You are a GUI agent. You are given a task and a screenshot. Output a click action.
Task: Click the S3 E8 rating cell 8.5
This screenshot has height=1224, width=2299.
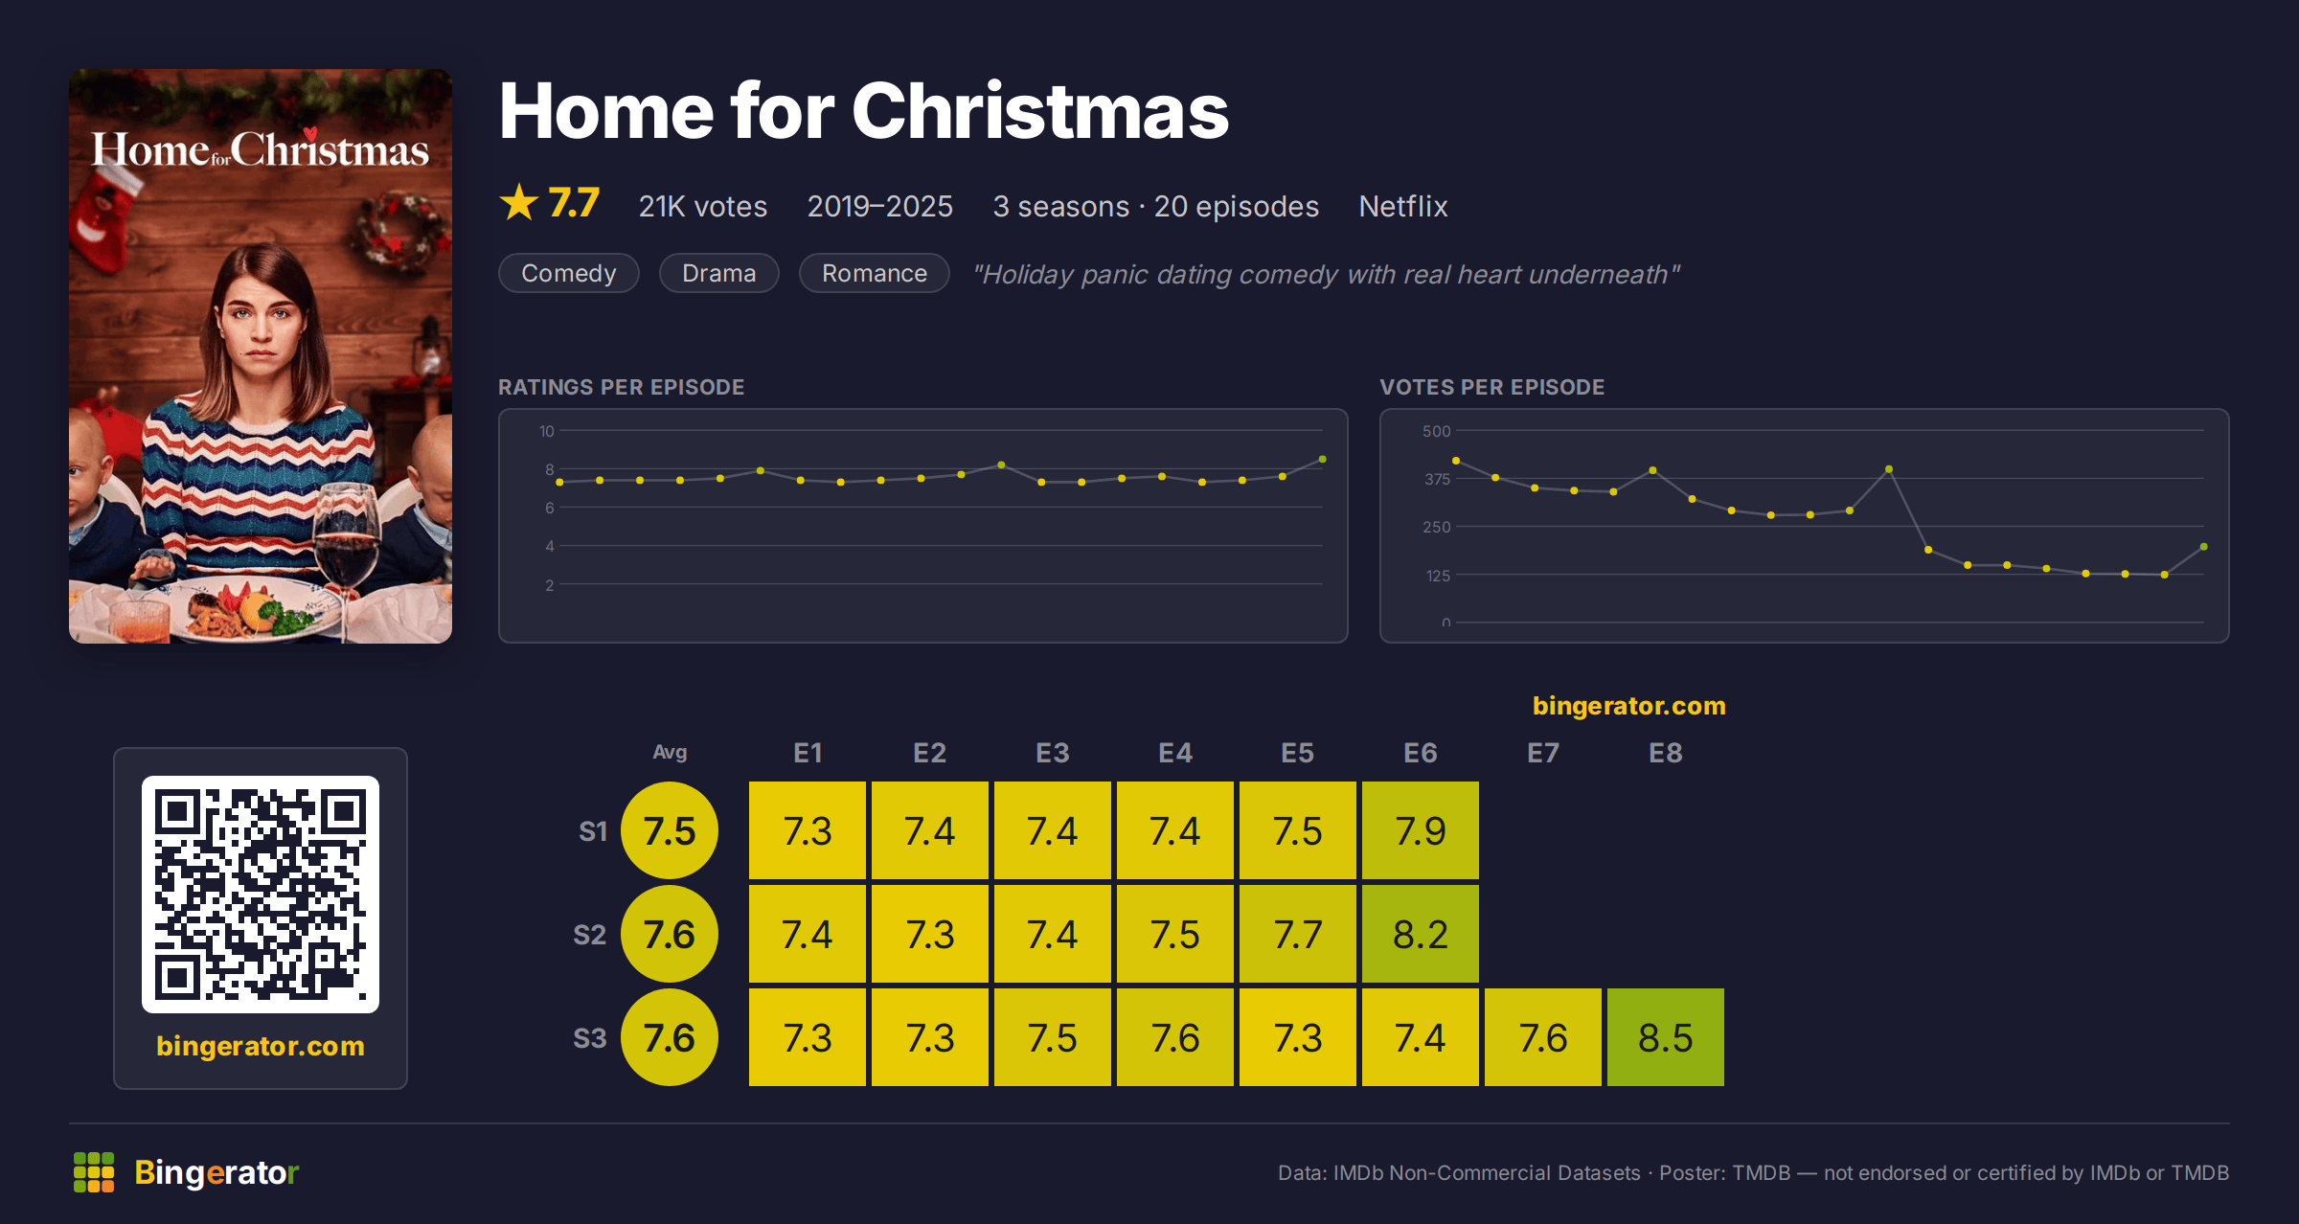[x=1666, y=1037]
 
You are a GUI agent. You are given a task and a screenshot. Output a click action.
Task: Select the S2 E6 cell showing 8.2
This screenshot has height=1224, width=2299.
[x=1421, y=934]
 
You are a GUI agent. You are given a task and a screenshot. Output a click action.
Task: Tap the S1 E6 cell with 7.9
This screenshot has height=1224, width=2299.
[x=1421, y=830]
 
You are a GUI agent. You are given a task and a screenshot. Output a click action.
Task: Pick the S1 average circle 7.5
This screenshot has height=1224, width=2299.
[x=670, y=830]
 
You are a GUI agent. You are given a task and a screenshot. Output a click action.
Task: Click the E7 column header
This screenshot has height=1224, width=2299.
[x=1543, y=753]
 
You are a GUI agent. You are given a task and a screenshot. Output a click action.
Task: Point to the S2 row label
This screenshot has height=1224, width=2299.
[x=590, y=935]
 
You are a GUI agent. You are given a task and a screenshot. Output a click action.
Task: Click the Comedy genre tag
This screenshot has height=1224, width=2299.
[x=569, y=273]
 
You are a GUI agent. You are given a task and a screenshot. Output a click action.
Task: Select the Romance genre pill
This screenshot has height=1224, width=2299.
[x=875, y=273]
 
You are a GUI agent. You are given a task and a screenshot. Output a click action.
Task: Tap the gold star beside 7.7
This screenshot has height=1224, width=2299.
[x=519, y=202]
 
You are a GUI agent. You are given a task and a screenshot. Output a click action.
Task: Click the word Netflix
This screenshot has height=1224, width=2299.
[x=1403, y=206]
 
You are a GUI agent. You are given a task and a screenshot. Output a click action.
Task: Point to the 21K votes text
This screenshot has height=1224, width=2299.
[x=703, y=206]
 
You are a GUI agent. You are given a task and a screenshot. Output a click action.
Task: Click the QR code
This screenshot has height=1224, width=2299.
[x=261, y=895]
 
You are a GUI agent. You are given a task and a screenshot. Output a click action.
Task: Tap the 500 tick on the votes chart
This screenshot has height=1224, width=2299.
[x=1436, y=431]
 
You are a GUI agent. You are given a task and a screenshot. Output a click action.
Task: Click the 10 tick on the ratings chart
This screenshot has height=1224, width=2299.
[x=546, y=431]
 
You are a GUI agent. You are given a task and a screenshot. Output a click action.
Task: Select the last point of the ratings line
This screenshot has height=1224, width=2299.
[x=1323, y=460]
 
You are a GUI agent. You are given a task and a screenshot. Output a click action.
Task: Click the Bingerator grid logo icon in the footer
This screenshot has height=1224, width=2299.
[x=94, y=1172]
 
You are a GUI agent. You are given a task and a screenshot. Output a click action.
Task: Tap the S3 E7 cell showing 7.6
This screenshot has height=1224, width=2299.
[x=1543, y=1037]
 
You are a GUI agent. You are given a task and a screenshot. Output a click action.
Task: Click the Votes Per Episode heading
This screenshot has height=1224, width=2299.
[x=1491, y=387]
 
